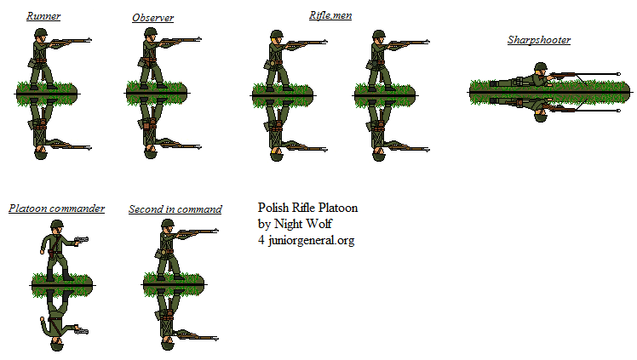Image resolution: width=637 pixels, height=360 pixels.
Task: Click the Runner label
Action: (x=43, y=16)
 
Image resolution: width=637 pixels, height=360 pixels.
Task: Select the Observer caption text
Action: (x=153, y=18)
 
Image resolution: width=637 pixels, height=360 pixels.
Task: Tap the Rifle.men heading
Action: (x=330, y=15)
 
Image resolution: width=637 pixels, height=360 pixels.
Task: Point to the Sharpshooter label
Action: (x=538, y=40)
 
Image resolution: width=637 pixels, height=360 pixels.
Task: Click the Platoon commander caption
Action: (x=56, y=209)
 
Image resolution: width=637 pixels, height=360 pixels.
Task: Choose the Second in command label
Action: (x=175, y=209)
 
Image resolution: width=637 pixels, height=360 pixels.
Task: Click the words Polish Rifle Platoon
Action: (x=307, y=208)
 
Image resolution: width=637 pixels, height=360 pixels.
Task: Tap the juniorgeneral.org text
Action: (x=311, y=240)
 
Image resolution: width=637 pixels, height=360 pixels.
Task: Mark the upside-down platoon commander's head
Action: (x=57, y=342)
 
